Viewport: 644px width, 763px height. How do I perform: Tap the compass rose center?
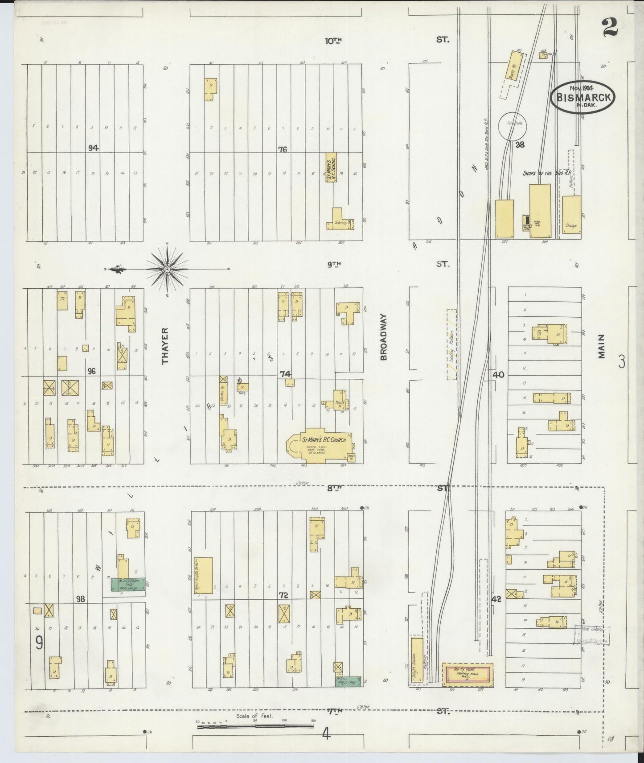click(167, 269)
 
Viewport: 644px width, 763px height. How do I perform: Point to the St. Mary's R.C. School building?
click(331, 167)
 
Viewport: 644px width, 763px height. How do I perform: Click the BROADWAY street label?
click(384, 336)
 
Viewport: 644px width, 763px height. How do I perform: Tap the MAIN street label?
click(602, 346)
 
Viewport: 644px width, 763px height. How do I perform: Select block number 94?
click(93, 148)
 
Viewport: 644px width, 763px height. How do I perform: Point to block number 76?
click(283, 149)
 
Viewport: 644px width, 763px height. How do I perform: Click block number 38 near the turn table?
click(520, 144)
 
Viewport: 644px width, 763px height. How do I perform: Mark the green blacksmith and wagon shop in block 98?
click(128, 584)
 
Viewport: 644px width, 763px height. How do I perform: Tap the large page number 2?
click(610, 28)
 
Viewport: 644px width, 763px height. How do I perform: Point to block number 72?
click(283, 595)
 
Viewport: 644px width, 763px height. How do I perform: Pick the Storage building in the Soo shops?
click(571, 217)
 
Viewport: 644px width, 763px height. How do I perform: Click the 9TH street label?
click(334, 264)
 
